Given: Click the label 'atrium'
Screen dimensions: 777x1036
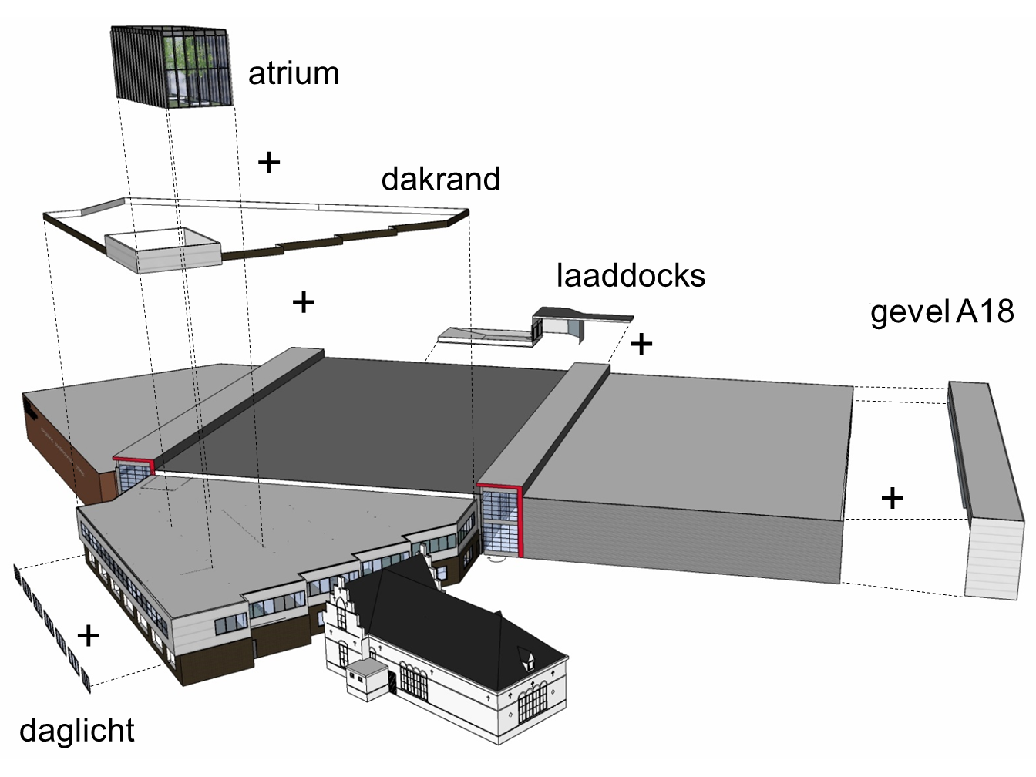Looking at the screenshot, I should [294, 74].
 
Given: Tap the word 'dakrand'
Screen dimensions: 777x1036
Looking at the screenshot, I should [440, 180].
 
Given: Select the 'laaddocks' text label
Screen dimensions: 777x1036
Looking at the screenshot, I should [631, 276].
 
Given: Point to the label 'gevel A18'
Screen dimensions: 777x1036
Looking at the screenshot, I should [942, 312].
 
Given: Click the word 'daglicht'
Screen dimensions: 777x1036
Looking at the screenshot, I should [77, 731].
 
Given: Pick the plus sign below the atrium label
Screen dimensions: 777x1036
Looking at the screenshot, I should [269, 163].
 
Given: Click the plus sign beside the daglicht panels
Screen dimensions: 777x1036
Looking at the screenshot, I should [89, 635].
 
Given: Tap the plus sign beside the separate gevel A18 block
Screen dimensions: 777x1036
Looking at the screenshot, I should [893, 498].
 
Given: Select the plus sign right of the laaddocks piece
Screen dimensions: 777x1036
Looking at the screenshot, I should [641, 343].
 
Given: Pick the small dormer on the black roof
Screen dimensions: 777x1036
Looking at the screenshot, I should [530, 657].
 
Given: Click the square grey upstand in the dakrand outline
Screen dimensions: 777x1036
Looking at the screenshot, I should [163, 250].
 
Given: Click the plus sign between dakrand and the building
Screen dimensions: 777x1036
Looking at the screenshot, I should [304, 302].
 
